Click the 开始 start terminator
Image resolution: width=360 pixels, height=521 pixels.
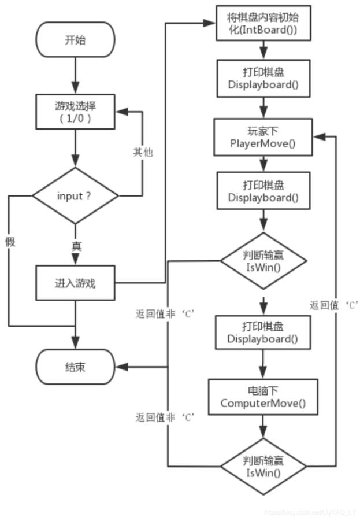tap(75, 40)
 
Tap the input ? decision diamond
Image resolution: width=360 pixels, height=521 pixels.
tap(75, 195)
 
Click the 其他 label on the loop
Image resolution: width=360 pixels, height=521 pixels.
tap(143, 152)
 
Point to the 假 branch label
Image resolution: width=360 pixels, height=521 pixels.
tap(10, 242)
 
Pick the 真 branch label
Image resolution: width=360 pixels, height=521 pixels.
tap(76, 246)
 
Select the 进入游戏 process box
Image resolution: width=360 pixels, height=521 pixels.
tap(75, 283)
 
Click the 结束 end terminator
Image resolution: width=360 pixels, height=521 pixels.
tap(75, 367)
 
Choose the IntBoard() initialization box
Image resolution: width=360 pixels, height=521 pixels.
tap(263, 23)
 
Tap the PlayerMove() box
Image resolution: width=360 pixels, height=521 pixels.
tap(263, 136)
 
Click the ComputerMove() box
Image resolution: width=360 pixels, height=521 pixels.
tap(263, 397)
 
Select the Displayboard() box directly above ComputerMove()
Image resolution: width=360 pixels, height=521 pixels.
tap(263, 332)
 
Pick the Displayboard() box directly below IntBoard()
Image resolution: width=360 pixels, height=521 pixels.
tap(263, 79)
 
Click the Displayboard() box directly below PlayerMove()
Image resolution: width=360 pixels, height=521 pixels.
tap(263, 191)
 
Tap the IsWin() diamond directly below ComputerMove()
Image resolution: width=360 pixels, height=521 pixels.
tap(263, 466)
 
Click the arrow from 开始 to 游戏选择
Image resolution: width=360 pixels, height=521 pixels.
tap(75, 75)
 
